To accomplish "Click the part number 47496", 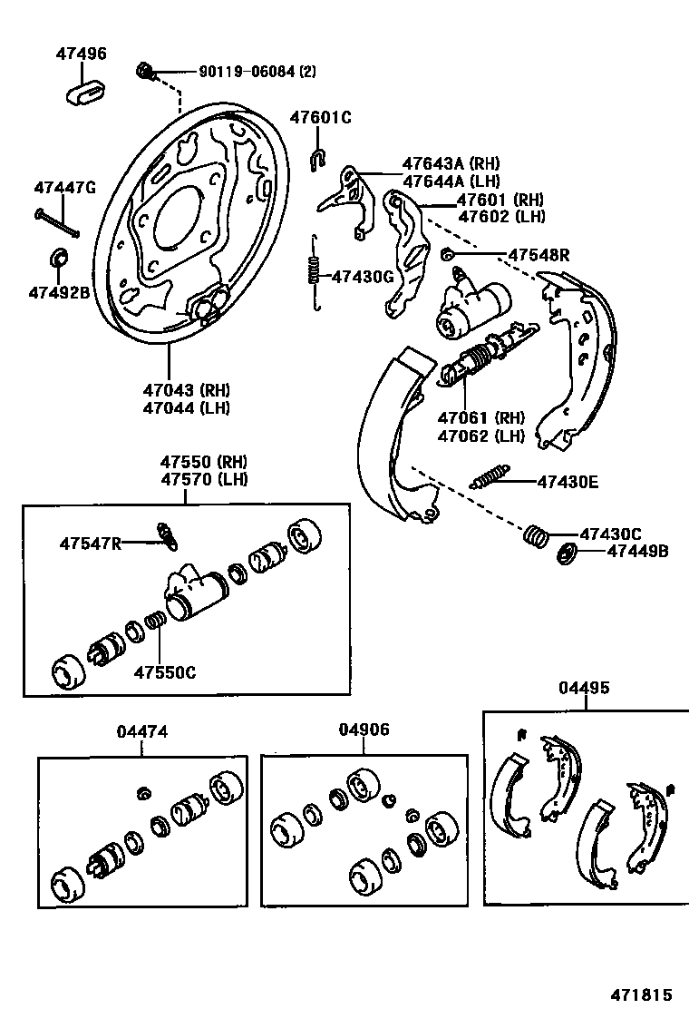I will point(80,54).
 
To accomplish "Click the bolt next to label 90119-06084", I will point(146,71).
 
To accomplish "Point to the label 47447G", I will point(64,189).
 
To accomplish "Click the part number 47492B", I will point(59,293).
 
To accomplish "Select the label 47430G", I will point(362,277).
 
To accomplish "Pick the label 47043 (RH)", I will point(186,390).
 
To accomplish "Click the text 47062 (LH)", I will point(481,436).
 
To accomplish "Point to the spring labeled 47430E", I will point(490,475).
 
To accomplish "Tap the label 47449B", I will point(637,550).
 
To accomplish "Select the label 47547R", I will point(91,544).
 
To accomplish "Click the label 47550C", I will point(165,672).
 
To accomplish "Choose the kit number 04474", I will point(142,731).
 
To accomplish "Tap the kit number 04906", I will point(364,729).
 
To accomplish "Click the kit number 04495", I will point(584,688).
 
